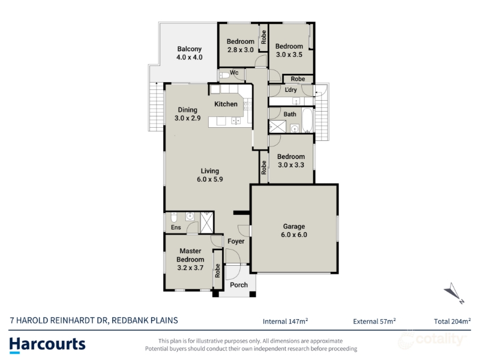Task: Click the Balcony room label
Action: click(x=189, y=49)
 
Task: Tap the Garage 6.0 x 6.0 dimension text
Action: click(x=294, y=235)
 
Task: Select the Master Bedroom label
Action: click(x=190, y=255)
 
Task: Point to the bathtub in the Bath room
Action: click(x=307, y=120)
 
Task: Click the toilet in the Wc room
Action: click(x=224, y=75)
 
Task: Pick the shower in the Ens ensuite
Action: click(x=206, y=222)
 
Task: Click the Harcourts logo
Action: click(x=47, y=345)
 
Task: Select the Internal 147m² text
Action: click(x=285, y=321)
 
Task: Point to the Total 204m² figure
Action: click(x=452, y=321)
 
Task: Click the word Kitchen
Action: click(x=226, y=104)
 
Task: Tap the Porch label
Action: click(x=239, y=285)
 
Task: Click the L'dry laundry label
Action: click(x=290, y=89)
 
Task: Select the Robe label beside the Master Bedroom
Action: click(x=217, y=271)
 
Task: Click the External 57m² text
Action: click(x=374, y=321)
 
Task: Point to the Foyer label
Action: click(x=236, y=241)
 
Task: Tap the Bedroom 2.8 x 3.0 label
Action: click(x=241, y=46)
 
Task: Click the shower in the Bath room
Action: click(x=277, y=127)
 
